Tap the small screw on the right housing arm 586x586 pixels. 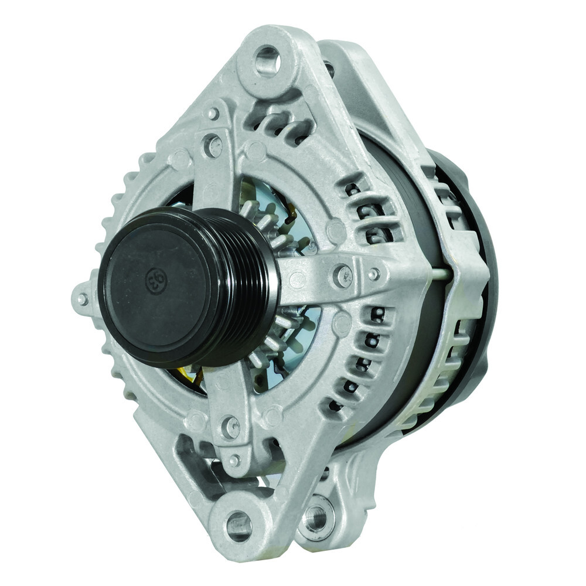pyautogui.click(x=373, y=274)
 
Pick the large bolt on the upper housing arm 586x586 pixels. pyautogui.click(x=213, y=145)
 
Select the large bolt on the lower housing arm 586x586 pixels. pyautogui.click(x=230, y=427)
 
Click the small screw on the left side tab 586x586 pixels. pyautogui.click(x=82, y=299)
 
